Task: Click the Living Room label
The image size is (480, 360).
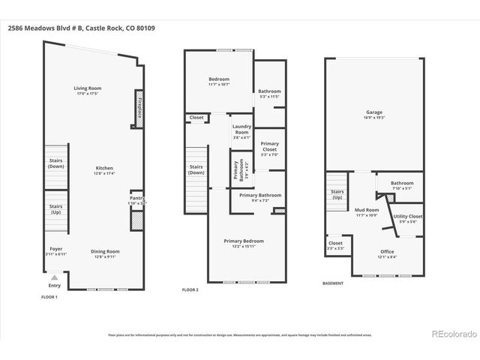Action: point(88,91)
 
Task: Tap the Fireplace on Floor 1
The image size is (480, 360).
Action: point(139,106)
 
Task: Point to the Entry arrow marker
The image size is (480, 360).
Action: point(55,277)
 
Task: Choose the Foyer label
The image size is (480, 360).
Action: point(55,251)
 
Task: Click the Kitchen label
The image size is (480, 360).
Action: point(104,170)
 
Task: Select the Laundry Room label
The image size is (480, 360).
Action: point(241,129)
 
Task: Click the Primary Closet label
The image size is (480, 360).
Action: point(268,148)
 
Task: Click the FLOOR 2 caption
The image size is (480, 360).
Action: point(190,289)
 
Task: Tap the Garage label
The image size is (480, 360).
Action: point(374,115)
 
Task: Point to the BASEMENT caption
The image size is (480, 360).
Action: point(333,283)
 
